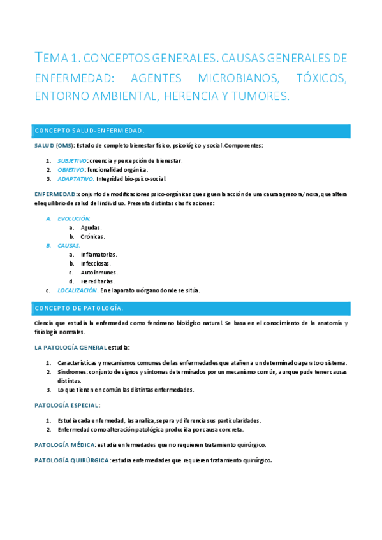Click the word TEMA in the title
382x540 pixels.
click(x=50, y=59)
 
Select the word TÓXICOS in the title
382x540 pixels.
click(x=322, y=78)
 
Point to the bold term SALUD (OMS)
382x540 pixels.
click(x=54, y=146)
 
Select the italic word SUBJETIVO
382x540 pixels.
click(x=72, y=161)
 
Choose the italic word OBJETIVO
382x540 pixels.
click(x=71, y=170)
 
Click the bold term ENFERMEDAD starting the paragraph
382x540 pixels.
click(x=55, y=194)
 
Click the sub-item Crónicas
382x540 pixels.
click(x=92, y=236)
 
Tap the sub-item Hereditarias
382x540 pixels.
click(x=98, y=281)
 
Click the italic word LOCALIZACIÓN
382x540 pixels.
click(x=77, y=290)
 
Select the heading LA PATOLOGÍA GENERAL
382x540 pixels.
click(x=71, y=348)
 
